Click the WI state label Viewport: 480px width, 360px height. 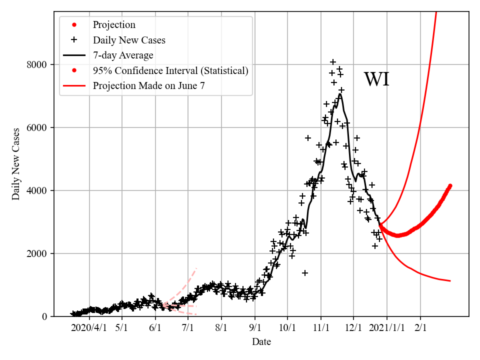(376, 79)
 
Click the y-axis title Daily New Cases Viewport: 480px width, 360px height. (16, 164)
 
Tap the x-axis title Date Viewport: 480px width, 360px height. (261, 342)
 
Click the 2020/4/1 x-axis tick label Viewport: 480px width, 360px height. (89, 328)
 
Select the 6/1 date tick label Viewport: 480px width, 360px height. (155, 328)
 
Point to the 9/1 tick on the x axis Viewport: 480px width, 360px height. (254, 328)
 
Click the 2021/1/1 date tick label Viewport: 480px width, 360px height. (386, 328)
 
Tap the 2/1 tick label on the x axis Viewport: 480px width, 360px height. (420, 328)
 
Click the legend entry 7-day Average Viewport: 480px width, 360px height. (123, 55)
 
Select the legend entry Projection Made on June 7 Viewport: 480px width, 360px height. (148, 85)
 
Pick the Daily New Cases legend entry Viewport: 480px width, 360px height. (129, 40)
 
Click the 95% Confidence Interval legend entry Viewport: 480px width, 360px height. (170, 70)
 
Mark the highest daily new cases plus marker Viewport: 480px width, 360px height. (333, 62)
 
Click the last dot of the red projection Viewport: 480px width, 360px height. (450, 186)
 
